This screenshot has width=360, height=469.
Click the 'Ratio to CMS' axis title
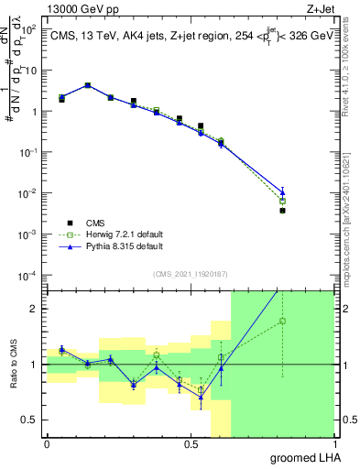pyautogui.click(x=12, y=365)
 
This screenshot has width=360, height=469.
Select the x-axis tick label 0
pyautogui.click(x=47, y=444)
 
